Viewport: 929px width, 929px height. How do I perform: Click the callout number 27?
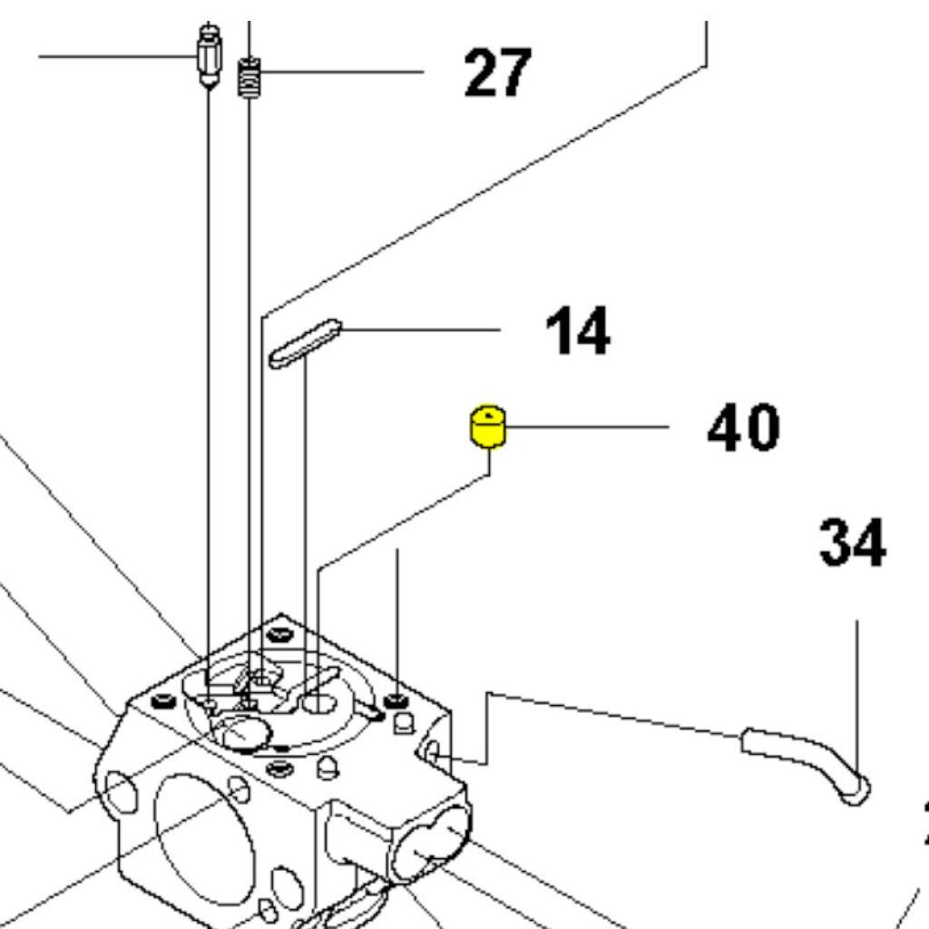click(x=496, y=73)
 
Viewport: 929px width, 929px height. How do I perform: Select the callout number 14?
click(x=578, y=331)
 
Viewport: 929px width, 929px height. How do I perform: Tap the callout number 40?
click(x=743, y=428)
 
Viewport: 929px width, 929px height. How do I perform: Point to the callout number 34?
click(x=852, y=544)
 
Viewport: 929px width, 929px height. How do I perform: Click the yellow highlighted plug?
click(x=488, y=427)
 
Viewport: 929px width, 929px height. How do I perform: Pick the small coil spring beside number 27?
click(x=251, y=78)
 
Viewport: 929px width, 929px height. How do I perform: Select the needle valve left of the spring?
click(x=209, y=56)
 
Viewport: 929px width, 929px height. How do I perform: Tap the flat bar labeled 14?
click(x=305, y=343)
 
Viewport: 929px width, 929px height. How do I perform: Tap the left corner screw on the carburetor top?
click(x=162, y=701)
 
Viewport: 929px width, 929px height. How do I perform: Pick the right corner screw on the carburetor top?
click(x=396, y=700)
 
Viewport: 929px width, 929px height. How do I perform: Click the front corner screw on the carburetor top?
click(x=280, y=769)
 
